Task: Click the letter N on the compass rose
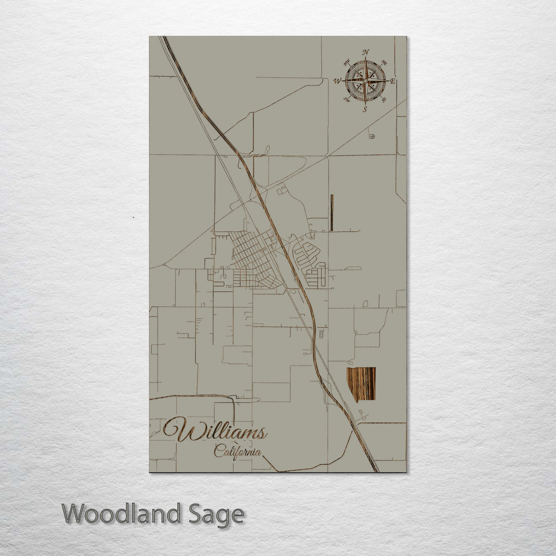[366, 53]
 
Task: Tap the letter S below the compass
[365, 109]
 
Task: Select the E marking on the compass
[392, 81]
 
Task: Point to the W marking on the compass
[338, 81]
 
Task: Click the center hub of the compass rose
[366, 81]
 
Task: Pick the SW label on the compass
[346, 100]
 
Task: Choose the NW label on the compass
[346, 62]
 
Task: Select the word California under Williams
[237, 452]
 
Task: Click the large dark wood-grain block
[361, 384]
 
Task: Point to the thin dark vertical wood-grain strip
[332, 213]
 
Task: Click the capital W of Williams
[178, 429]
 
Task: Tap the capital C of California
[218, 451]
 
